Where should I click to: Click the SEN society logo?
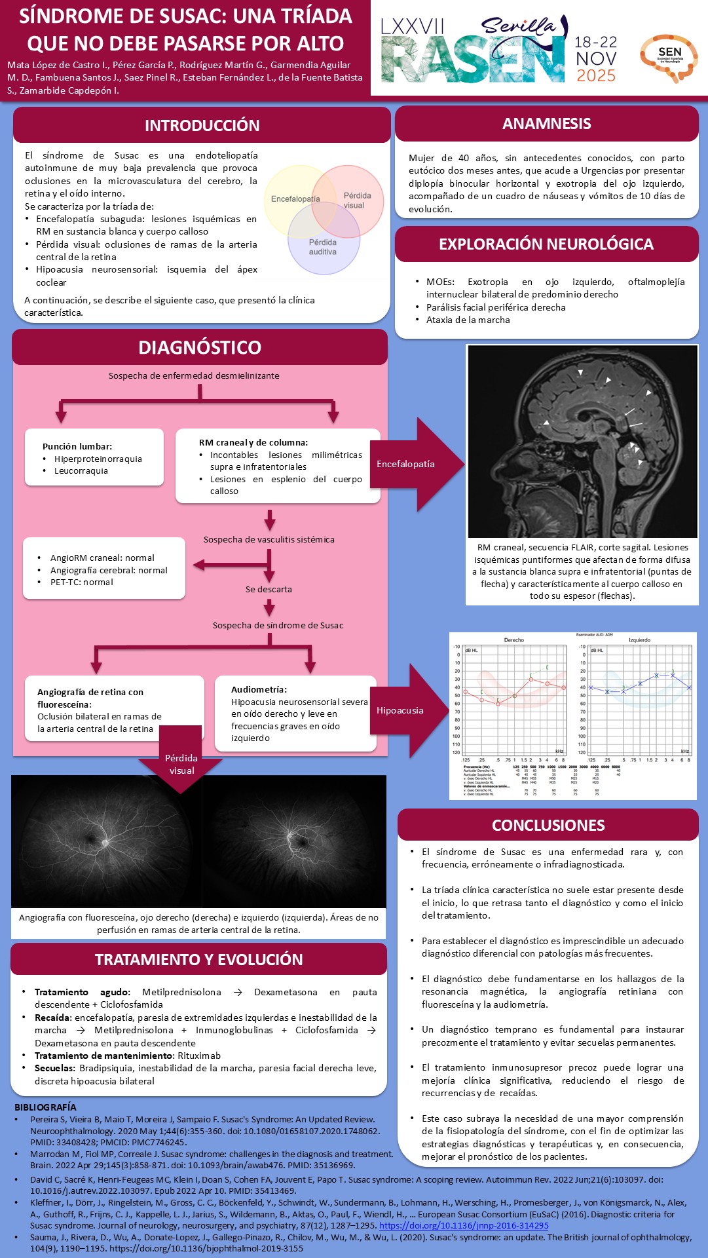669,57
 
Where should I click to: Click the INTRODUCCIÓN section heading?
202,125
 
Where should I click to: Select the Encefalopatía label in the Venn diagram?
295,199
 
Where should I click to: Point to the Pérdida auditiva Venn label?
323,247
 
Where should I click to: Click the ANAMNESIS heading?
546,124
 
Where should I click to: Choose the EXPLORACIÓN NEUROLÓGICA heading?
546,244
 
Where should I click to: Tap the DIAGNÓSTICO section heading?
200,347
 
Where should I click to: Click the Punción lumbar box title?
77,446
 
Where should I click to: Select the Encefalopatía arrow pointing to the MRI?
406,464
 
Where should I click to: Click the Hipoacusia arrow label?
400,710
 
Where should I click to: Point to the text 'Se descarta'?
269,589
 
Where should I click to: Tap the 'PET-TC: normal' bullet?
82,582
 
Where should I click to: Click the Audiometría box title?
259,689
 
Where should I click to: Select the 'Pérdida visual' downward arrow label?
181,764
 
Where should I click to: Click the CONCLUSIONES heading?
548,826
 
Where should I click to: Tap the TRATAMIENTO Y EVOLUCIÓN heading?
199,960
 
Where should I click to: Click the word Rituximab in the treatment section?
199,1056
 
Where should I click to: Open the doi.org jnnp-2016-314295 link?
464,1225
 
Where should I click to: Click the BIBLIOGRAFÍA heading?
45,1107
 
